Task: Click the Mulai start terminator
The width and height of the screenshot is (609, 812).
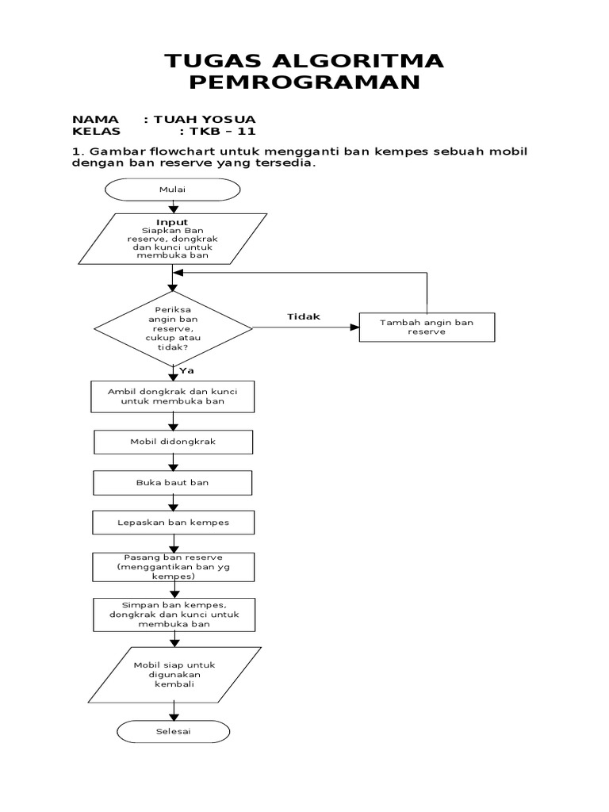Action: pos(172,190)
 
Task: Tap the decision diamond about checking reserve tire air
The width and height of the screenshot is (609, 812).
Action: pos(173,327)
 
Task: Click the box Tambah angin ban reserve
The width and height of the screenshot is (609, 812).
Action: pos(427,327)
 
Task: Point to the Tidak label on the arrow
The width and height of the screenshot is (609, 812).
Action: pos(303,316)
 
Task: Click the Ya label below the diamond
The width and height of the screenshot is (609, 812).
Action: pos(187,370)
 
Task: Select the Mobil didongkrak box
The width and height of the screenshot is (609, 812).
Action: pos(173,442)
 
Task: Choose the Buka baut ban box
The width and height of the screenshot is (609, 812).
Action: pos(173,482)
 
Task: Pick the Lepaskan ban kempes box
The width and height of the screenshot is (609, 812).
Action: pos(173,523)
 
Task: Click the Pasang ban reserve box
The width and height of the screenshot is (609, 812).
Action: pos(173,568)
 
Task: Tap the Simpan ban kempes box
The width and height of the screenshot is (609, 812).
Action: pos(173,614)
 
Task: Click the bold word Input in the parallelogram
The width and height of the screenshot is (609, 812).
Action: pos(172,222)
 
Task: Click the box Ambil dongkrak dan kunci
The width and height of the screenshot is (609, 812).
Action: pos(173,396)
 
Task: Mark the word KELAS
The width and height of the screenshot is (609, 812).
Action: pos(96,132)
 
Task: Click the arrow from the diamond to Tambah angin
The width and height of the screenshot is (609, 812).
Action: pos(305,327)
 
